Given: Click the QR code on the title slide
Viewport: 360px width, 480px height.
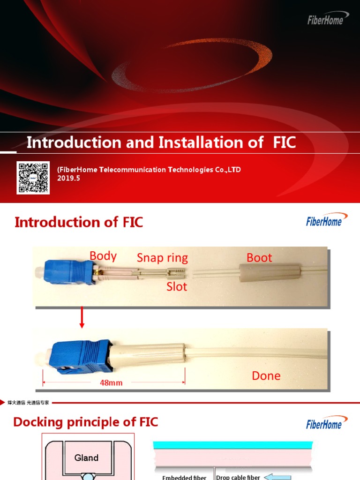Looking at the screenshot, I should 33,178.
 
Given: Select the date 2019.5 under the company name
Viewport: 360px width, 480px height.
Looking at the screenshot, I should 69,178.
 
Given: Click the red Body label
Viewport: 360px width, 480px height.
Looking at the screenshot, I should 103,256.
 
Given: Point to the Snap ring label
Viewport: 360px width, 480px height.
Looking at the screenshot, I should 162,258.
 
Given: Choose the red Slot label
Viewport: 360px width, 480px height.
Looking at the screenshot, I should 177,286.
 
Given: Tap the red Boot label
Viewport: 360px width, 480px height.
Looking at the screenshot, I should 259,258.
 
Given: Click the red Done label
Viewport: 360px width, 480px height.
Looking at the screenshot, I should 266,375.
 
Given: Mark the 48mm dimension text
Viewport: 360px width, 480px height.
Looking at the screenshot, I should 111,382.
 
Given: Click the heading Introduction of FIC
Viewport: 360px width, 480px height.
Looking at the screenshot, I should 79,222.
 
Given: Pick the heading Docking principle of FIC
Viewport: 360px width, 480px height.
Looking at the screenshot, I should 86,422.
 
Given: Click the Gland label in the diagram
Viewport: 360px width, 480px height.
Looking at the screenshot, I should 87,457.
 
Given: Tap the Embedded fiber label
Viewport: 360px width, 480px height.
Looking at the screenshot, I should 184,477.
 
